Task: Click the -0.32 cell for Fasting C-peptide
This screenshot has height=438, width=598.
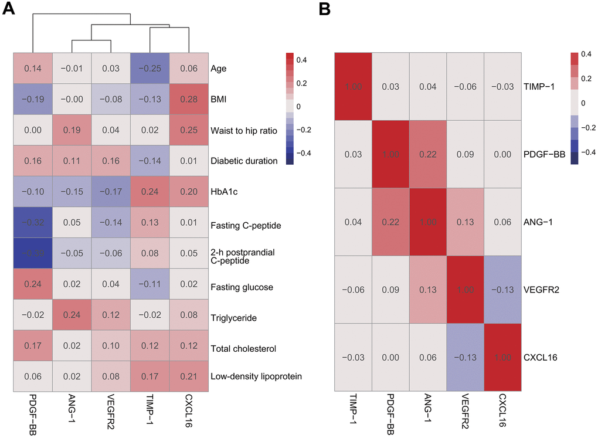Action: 33,225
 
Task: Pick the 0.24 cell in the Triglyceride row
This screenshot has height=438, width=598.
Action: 72,318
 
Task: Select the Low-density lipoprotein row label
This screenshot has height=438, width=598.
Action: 256,376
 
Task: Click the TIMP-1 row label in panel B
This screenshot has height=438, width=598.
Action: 538,86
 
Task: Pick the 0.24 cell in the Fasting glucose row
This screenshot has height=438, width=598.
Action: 33,287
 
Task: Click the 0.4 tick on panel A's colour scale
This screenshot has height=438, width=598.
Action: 309,60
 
